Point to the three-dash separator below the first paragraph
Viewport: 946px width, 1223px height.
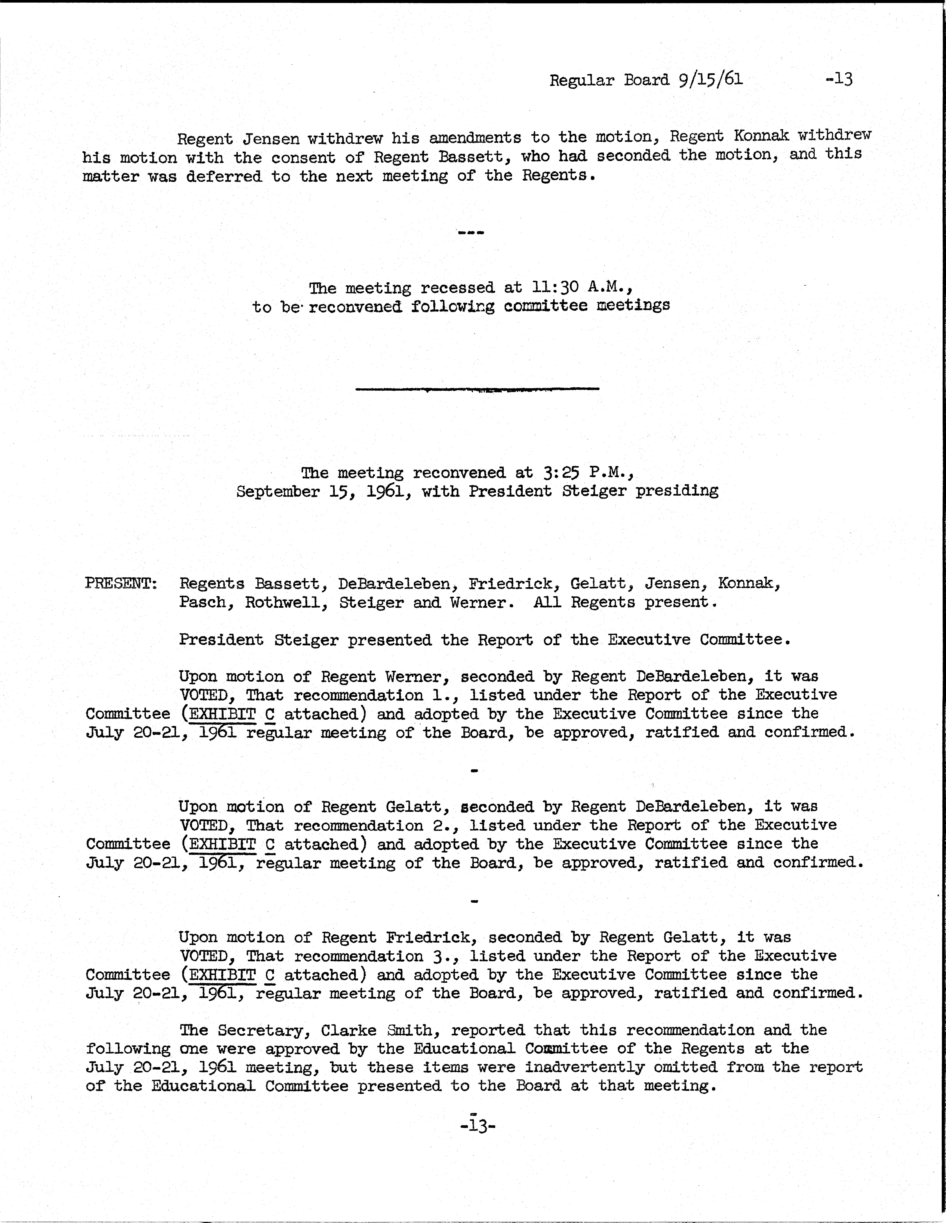[x=471, y=232]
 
